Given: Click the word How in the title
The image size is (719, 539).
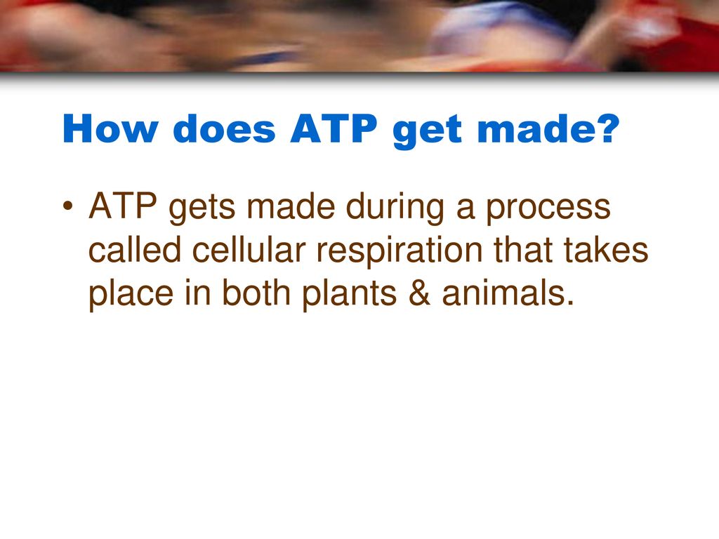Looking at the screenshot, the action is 110,129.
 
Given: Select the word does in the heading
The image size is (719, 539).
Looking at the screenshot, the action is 224,129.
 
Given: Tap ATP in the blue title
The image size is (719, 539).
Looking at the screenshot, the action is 334,129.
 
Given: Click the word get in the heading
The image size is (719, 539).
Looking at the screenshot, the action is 427,131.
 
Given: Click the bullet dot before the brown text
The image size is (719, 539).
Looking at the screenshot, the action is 68,206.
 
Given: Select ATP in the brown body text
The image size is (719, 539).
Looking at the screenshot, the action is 122,206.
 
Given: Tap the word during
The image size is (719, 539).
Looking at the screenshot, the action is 395,209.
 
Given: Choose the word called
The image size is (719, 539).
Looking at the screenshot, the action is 135,249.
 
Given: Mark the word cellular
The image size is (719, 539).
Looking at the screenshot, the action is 249,249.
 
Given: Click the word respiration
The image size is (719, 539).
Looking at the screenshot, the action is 400,252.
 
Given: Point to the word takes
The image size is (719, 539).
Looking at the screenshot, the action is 606,249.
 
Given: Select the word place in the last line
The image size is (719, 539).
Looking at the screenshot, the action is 131,295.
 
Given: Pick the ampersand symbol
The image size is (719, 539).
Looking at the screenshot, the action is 420,293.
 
